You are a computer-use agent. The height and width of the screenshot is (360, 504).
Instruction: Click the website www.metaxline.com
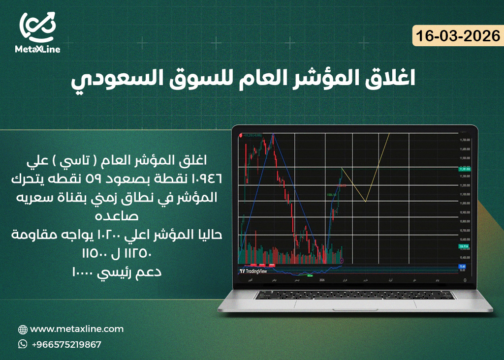click(77, 329)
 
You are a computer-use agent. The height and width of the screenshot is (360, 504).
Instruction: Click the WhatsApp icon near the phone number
click(23, 344)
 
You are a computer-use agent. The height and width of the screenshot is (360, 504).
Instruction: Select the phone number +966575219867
click(66, 345)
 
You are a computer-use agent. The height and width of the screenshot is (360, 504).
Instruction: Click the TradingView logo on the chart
click(253, 271)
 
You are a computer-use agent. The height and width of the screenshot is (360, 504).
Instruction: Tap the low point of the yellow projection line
click(365, 201)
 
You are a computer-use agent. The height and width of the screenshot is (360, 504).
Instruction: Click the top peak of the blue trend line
click(273, 134)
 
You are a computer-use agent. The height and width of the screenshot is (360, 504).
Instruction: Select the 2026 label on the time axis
click(322, 280)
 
